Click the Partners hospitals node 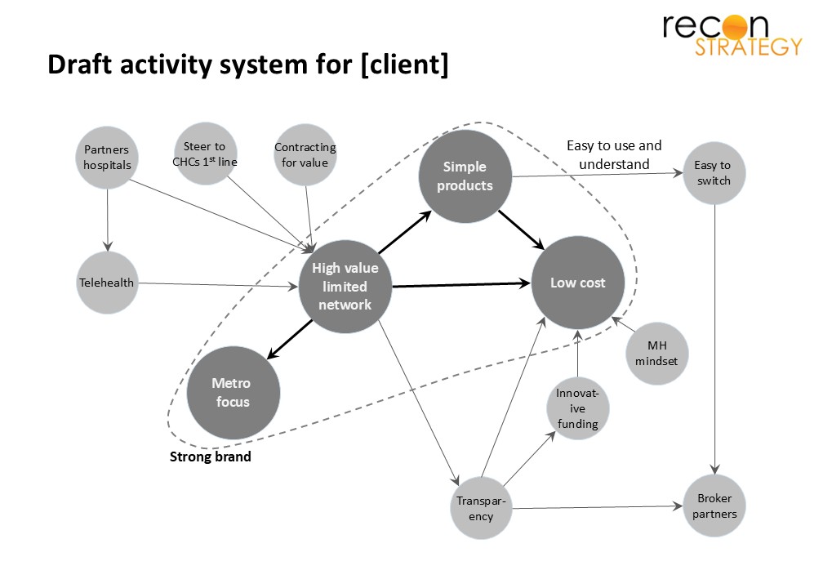pyautogui.click(x=107, y=157)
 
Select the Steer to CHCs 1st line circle pyautogui.click(x=205, y=154)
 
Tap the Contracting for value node pyautogui.click(x=305, y=155)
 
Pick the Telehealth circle pyautogui.click(x=107, y=283)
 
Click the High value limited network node pyautogui.click(x=345, y=287)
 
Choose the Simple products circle pyautogui.click(x=465, y=176)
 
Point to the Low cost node pyautogui.click(x=578, y=283)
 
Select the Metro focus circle pyautogui.click(x=233, y=392)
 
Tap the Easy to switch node pyautogui.click(x=714, y=173)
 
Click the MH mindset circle pyautogui.click(x=656, y=354)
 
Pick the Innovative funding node pyautogui.click(x=578, y=408)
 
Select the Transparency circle pyautogui.click(x=481, y=508)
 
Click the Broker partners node pyautogui.click(x=714, y=506)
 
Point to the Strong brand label pyautogui.click(x=211, y=457)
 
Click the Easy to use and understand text pyautogui.click(x=614, y=155)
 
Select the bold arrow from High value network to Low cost pyautogui.click(x=461, y=284)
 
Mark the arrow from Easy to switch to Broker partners pyautogui.click(x=714, y=339)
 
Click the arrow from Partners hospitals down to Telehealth pyautogui.click(x=108, y=220)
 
